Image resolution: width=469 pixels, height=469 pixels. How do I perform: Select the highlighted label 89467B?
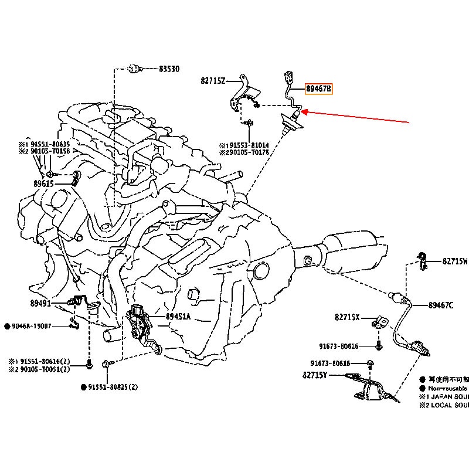pos(318,89)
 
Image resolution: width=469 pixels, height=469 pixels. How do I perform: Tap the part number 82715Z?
pos(213,81)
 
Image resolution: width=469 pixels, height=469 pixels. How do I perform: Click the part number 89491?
pos(42,303)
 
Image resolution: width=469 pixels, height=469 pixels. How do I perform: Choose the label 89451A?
pos(178,317)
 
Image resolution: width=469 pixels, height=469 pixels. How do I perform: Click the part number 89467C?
pos(441,305)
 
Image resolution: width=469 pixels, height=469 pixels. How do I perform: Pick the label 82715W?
pos(455,261)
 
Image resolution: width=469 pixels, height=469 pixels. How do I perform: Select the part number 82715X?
pos(347,317)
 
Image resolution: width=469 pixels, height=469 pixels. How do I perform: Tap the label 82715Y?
pos(315,375)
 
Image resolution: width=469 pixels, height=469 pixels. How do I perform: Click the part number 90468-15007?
pos(31,326)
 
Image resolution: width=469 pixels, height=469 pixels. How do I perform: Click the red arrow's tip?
pos(303,112)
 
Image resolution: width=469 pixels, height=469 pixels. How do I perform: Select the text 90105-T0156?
pos(52,151)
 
